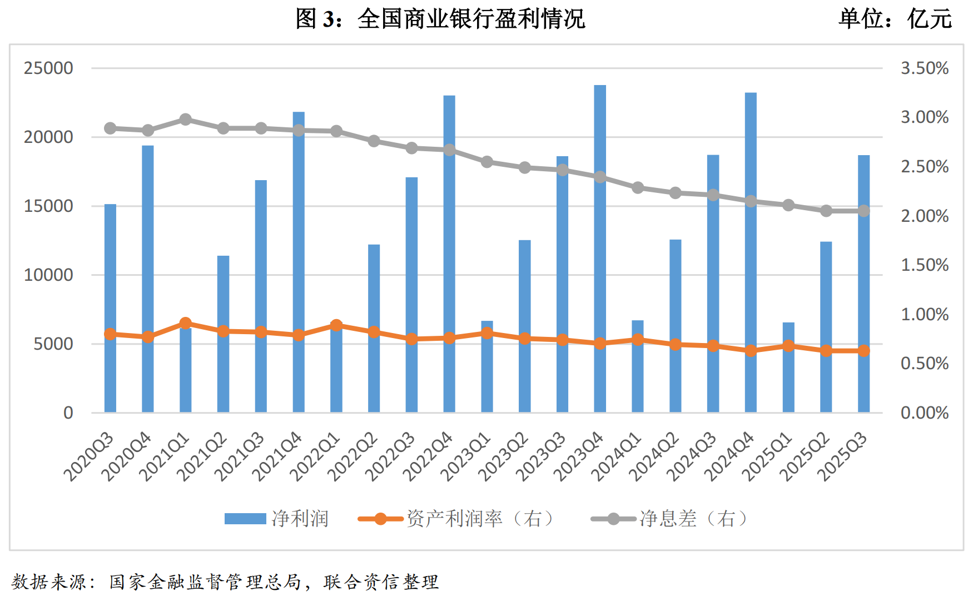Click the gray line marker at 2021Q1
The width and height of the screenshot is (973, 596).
186,120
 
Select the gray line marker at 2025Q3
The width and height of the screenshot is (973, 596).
863,211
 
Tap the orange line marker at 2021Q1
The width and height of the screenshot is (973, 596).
186,323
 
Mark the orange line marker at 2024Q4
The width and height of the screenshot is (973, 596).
751,350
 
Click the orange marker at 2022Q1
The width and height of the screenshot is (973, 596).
336,325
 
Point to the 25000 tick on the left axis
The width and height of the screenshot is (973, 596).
48,68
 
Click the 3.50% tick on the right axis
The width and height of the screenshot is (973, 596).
925,68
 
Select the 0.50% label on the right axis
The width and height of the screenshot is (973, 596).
925,364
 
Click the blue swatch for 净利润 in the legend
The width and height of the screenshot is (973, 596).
245,519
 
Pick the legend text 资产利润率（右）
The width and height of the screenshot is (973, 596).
480,519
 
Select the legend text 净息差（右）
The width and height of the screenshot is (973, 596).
693,519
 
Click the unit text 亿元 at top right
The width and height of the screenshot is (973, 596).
930,19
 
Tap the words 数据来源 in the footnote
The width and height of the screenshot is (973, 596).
49,582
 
